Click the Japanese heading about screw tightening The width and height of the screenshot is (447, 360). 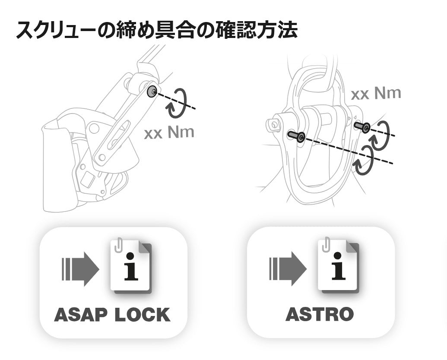point(156,30)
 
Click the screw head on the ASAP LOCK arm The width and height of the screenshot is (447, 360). point(152,92)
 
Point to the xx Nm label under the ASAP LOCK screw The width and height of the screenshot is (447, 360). point(169,133)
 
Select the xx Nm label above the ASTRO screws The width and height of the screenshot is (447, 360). point(376,93)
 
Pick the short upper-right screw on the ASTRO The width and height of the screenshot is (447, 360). point(361,126)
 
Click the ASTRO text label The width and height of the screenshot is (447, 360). point(320,314)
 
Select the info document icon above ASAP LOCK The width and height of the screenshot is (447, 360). point(130,266)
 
